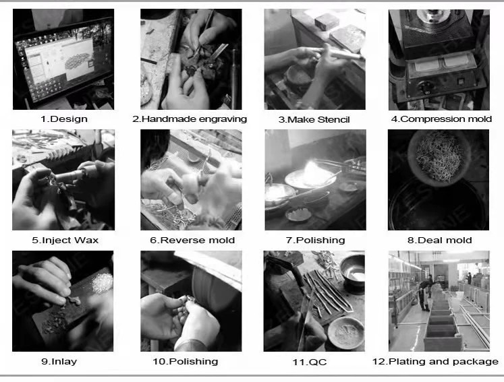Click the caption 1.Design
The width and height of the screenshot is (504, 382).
pos(64,119)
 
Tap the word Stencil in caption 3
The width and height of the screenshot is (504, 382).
pos(333,120)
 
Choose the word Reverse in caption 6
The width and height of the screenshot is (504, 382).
pos(178,240)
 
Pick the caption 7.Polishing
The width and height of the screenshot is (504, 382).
pos(315,241)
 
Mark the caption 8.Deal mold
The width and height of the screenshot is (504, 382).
pos(439,240)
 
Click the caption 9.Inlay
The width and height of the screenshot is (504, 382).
pos(59,362)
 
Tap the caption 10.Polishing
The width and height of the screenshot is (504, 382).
pos(186,362)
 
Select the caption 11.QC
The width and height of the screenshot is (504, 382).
pos(310,362)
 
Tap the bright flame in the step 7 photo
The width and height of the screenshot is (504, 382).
pos(312,172)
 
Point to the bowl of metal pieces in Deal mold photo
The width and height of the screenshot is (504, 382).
pos(439,157)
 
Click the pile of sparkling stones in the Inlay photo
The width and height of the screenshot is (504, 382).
pos(103,283)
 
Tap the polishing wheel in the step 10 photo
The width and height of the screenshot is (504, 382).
pos(214,289)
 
